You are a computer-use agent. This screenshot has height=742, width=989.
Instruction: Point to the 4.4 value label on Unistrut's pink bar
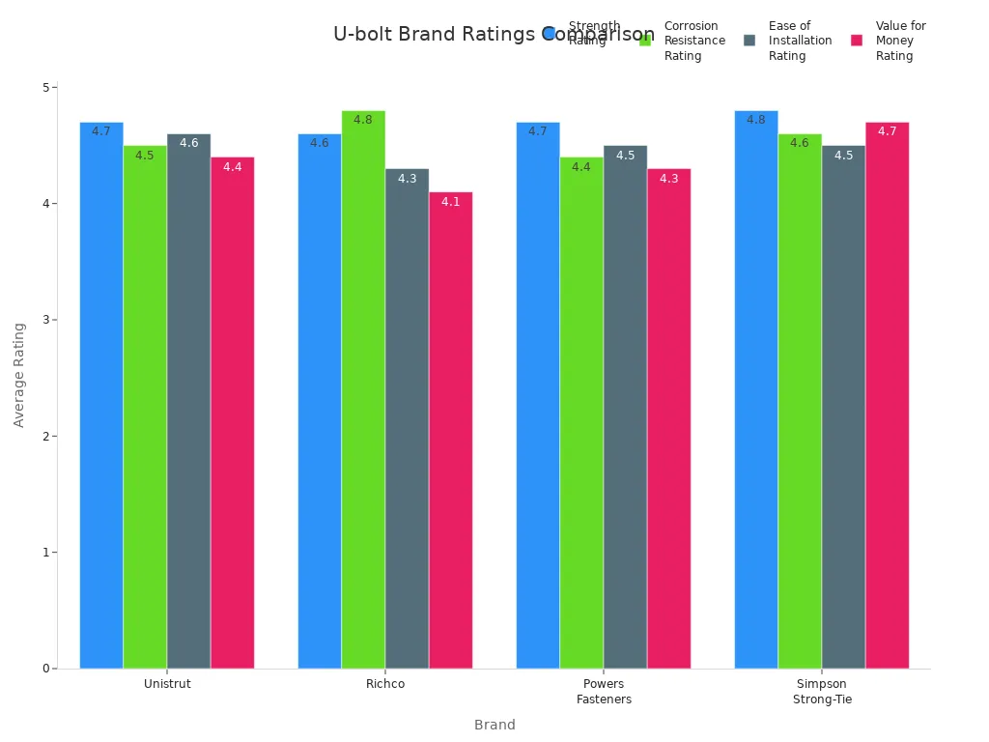coord(233,167)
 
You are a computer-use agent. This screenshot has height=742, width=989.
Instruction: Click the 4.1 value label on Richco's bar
coord(451,202)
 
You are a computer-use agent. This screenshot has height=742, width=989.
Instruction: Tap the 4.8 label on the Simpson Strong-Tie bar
coord(756,120)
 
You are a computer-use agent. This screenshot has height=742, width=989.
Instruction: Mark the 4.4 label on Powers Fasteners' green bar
coord(581,167)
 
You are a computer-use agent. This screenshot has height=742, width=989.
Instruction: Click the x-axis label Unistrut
coord(167,684)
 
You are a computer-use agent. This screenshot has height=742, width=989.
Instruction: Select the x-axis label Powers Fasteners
coord(604,692)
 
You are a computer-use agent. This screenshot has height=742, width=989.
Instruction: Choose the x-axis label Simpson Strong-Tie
coord(822,692)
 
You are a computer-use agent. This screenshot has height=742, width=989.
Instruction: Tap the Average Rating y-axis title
coord(19,375)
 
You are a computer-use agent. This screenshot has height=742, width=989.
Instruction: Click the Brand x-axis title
coord(494,725)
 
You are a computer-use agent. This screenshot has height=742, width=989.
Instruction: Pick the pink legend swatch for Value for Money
coord(857,41)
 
